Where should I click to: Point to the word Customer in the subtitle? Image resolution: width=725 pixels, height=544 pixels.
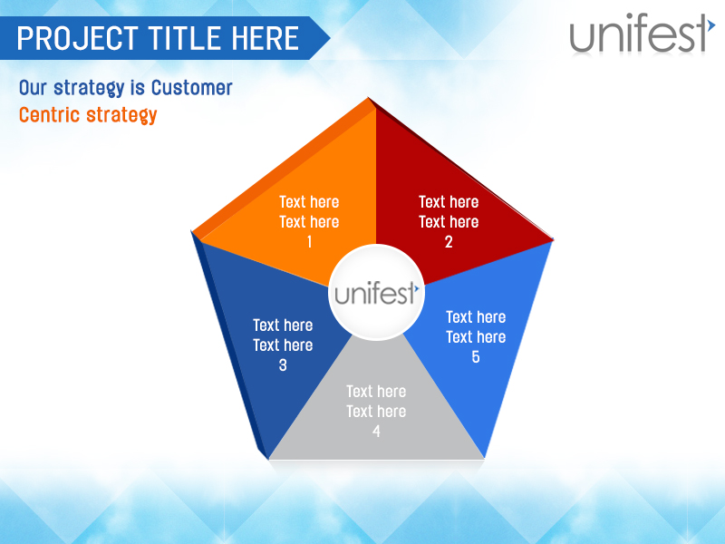[191, 88]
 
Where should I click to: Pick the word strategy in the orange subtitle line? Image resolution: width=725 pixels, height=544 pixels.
[121, 116]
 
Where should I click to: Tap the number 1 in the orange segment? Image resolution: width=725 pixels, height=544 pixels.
[309, 242]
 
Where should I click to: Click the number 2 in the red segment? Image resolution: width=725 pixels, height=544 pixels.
[449, 242]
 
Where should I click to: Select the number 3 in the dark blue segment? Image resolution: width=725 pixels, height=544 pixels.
[283, 365]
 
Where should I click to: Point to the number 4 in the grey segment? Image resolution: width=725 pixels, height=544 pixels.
[376, 431]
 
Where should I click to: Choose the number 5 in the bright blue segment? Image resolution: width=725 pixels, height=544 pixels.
[476, 357]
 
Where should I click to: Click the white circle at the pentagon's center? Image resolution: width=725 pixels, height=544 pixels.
[376, 293]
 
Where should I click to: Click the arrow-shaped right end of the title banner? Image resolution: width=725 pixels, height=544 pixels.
[319, 38]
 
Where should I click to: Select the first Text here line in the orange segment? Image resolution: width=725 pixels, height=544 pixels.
[309, 202]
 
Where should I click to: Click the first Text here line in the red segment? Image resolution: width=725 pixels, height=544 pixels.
[449, 202]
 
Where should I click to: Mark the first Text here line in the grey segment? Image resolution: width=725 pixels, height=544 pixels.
[376, 392]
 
